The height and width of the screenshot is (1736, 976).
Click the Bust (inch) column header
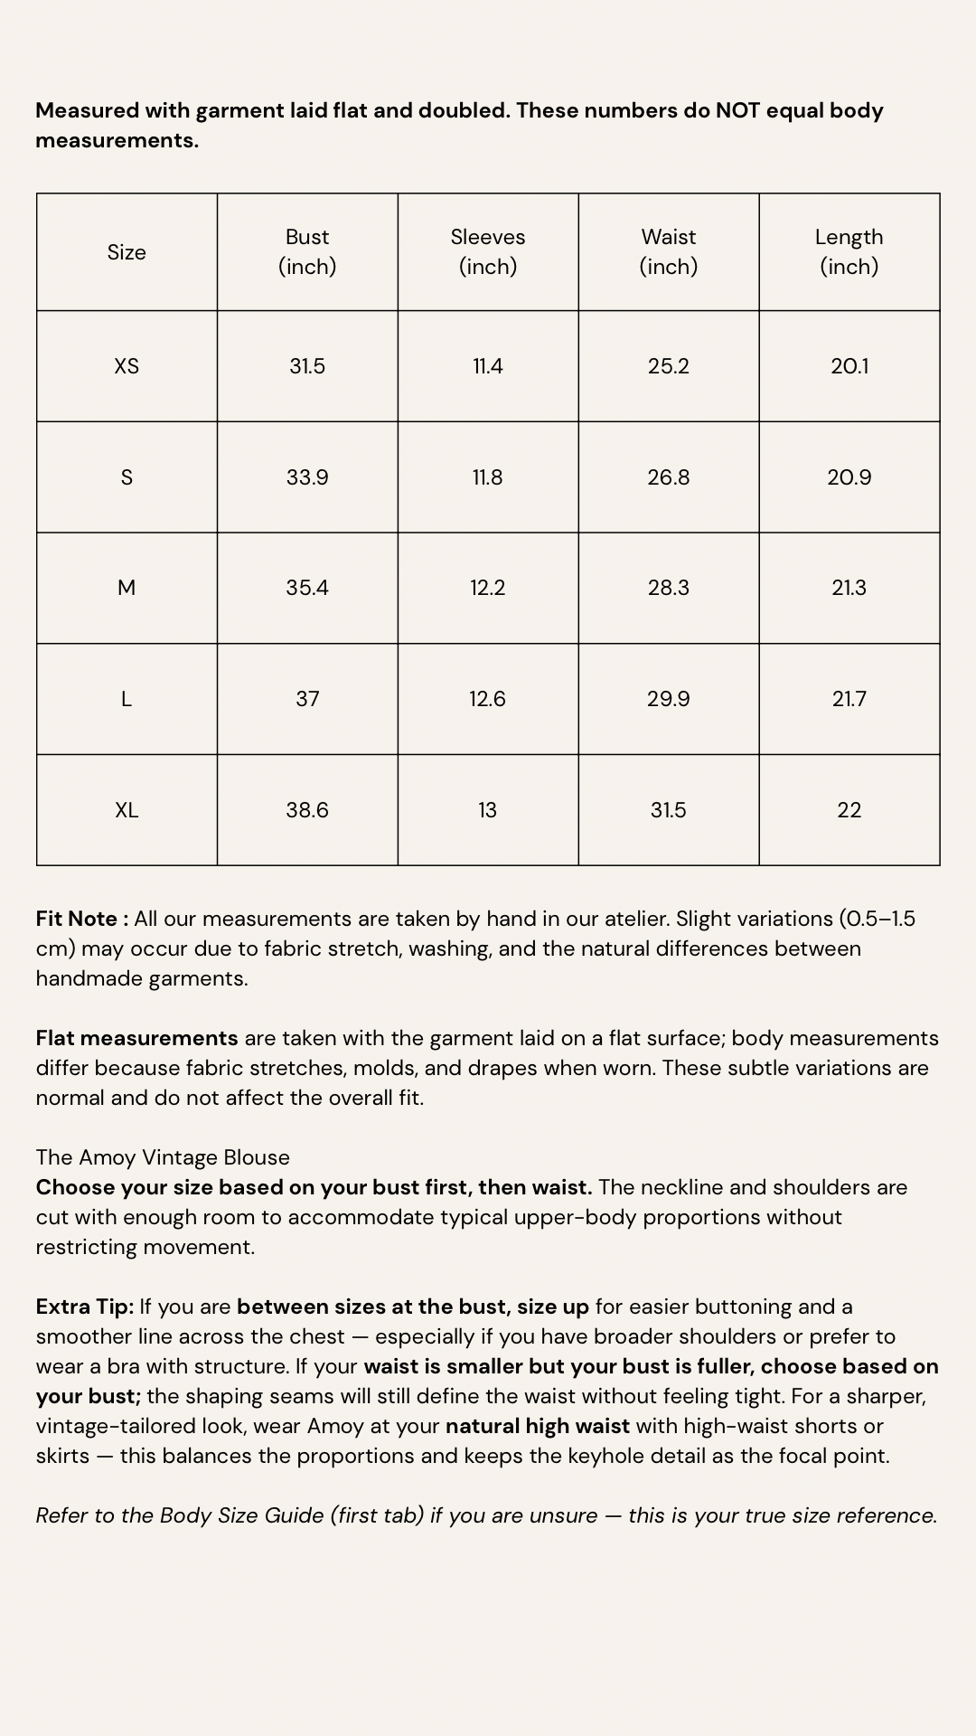pos(307,251)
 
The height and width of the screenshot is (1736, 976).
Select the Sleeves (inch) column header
pos(488,251)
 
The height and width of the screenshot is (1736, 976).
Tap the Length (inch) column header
pos(849,251)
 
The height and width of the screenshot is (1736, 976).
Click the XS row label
pos(127,366)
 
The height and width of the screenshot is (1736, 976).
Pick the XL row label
pos(127,810)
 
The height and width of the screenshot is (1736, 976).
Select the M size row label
pos(127,588)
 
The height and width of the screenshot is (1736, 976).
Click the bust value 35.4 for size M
pos(307,588)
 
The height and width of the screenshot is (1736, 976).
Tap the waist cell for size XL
pos(669,810)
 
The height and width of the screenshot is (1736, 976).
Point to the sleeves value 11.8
pos(488,477)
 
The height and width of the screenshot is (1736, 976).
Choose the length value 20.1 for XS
pos(849,366)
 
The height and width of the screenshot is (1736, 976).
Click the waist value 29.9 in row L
pos(669,699)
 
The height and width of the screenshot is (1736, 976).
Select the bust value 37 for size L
pos(307,699)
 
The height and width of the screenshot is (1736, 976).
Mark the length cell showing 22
pos(849,810)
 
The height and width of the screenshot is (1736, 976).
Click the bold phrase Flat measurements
pos(136,1038)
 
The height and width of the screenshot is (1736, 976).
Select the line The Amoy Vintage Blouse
pos(163,1157)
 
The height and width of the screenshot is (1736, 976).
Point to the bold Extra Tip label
pos(84,1307)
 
